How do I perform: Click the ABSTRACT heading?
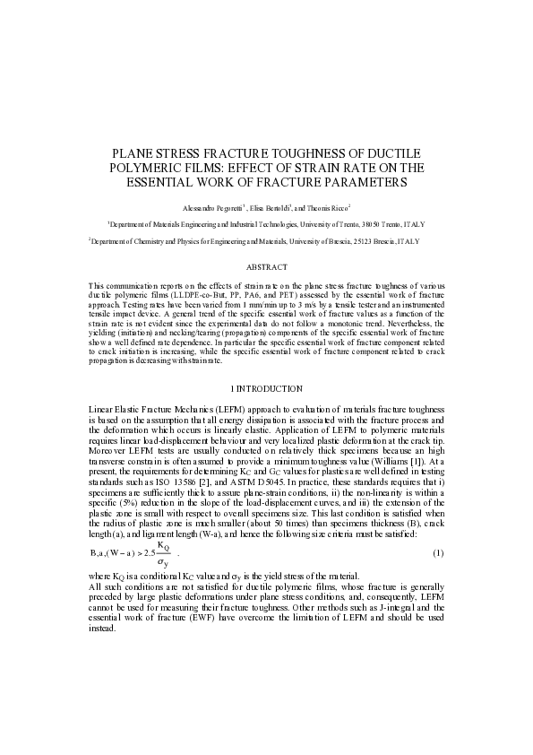click(266, 267)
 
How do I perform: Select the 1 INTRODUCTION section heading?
click(266, 388)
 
